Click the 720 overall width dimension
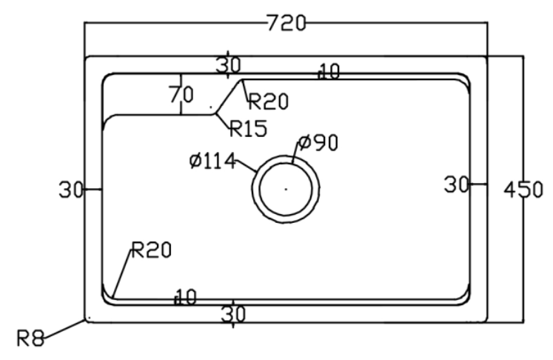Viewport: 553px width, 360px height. point(286,23)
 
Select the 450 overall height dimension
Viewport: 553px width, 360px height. point(523,190)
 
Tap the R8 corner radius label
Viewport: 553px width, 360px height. point(30,338)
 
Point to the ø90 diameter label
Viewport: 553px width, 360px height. point(318,142)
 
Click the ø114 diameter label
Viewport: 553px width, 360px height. point(212,161)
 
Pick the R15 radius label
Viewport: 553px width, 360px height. point(248,128)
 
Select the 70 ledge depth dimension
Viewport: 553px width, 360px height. point(181,95)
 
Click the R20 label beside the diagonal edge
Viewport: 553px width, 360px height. point(269,101)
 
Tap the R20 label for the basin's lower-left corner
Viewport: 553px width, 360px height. point(151,250)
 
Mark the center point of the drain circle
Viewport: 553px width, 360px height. point(286,189)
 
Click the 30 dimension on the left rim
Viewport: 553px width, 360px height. point(70,190)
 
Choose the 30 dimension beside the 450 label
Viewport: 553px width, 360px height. point(456,184)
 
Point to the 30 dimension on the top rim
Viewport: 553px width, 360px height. point(229,65)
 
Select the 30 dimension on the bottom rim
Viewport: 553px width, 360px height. point(233,314)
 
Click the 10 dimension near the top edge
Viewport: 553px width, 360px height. point(329,71)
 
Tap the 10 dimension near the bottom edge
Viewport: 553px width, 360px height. point(186,297)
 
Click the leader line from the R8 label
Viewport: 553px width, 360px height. point(64,330)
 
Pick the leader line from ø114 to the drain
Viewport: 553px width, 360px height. point(247,166)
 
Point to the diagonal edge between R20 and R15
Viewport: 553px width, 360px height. point(229,96)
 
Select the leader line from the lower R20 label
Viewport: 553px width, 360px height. point(122,273)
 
